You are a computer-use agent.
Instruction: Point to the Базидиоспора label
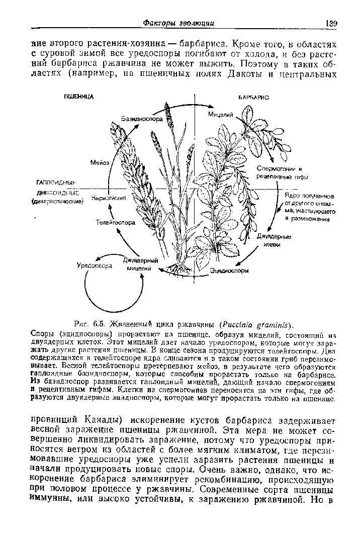[x=141, y=119]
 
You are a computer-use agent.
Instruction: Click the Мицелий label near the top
[x=221, y=115]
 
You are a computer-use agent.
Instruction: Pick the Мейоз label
[x=100, y=163]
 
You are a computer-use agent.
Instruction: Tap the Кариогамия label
[x=108, y=199]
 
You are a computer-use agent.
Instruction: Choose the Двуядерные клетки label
[x=274, y=240]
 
